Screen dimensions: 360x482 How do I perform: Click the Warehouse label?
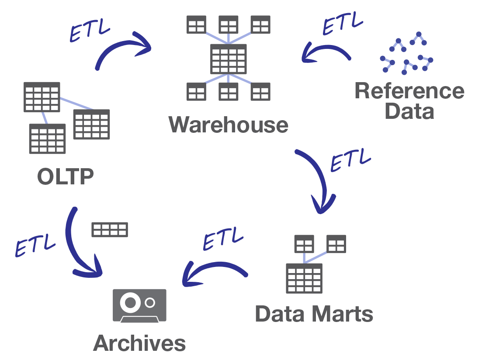(x=229, y=125)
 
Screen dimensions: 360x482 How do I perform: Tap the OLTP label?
(x=66, y=177)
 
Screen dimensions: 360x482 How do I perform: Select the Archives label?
(x=139, y=343)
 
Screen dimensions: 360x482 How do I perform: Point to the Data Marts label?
(x=314, y=314)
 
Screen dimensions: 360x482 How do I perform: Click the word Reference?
(x=409, y=91)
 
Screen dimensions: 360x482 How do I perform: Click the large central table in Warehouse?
(x=229, y=59)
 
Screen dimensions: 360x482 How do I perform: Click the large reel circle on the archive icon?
(x=130, y=302)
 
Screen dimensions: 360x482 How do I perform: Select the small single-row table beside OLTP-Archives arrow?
(x=110, y=229)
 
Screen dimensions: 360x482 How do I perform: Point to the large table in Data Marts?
(x=304, y=278)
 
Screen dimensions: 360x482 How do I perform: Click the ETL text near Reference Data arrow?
(x=343, y=23)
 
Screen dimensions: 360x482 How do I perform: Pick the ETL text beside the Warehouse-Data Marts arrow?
(x=350, y=160)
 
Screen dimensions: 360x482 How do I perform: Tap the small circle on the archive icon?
(x=150, y=302)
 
